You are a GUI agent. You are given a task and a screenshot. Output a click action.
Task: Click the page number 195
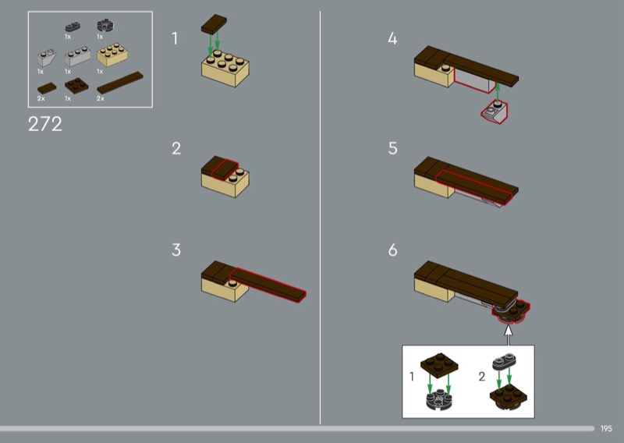point(606,429)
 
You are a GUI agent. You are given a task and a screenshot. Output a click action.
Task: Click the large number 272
point(45,124)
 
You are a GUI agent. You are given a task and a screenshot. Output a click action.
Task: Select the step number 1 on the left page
point(174,39)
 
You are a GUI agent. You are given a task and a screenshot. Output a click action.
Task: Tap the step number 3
point(176,250)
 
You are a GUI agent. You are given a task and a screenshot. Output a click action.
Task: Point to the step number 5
point(392,148)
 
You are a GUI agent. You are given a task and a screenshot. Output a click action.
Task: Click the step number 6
point(392,250)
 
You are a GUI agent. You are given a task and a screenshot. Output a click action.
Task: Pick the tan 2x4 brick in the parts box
point(112,55)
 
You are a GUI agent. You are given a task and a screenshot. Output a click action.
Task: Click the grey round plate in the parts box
point(106,26)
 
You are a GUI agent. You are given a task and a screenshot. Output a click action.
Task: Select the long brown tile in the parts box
point(120,83)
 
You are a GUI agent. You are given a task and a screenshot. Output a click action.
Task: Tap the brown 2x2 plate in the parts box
point(76,86)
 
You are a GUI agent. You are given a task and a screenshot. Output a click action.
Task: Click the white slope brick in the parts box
point(47,58)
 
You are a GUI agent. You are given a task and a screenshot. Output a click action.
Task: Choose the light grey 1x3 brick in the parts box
point(77,57)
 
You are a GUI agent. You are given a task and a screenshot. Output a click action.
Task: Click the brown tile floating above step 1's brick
point(214,24)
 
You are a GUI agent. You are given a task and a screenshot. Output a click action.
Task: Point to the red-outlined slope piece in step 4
point(495,112)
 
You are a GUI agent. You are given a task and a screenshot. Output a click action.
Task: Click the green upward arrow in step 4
point(498,91)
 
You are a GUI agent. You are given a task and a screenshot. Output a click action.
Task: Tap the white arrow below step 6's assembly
point(509,335)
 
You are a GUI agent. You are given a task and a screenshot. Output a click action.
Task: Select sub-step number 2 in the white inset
point(482,376)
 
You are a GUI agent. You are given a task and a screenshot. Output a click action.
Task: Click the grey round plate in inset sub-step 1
point(438,399)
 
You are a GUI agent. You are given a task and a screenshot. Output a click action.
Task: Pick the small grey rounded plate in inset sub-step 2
point(504,361)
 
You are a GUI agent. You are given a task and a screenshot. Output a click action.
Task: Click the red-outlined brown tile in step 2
point(225,169)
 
